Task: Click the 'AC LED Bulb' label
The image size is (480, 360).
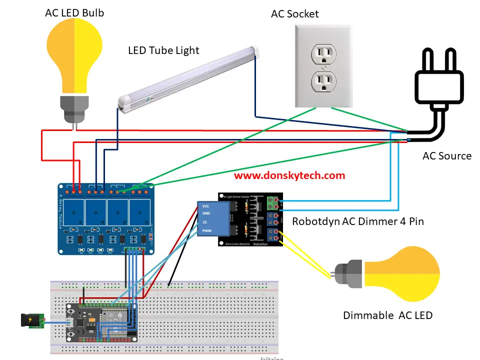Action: point(74,12)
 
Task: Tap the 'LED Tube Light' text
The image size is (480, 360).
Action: point(163,50)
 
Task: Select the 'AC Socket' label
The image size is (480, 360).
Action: point(294,13)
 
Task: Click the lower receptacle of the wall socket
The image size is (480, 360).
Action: point(324,81)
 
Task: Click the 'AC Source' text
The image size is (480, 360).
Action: point(446,155)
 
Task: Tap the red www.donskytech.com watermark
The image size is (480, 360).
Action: point(289,175)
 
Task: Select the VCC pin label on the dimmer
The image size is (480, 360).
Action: point(206,206)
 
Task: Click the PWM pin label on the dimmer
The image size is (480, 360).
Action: point(206,230)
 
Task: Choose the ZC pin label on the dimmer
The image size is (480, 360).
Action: point(205,222)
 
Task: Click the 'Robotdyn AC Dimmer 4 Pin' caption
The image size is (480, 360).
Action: point(357,220)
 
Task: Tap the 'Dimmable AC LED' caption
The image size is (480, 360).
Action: point(387,315)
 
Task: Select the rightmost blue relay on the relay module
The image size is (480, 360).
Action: point(139,212)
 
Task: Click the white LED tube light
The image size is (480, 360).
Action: point(190,75)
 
